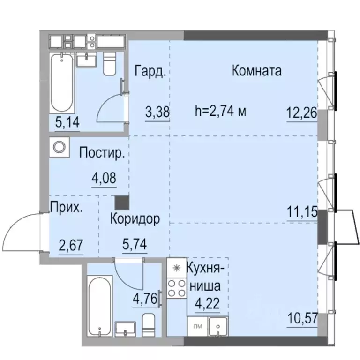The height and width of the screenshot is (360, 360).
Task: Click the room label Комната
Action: [x=256, y=71]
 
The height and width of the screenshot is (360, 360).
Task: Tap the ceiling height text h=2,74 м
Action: [x=220, y=112]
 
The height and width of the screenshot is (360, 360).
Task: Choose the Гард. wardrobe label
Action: [x=150, y=72]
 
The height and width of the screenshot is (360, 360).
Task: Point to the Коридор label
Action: [x=135, y=218]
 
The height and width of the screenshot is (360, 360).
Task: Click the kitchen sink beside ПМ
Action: [x=217, y=325]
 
